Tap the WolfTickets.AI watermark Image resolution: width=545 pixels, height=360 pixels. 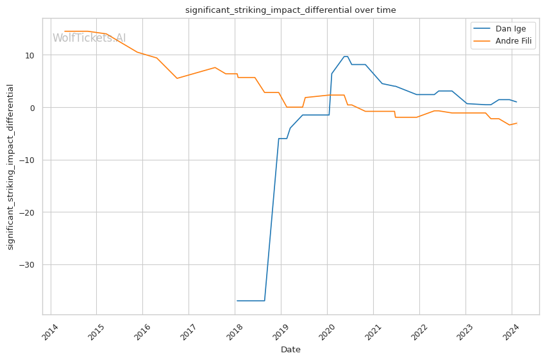pos(89,38)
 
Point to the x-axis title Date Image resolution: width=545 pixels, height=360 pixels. pos(290,350)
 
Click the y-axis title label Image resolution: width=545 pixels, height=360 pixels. pos(10,167)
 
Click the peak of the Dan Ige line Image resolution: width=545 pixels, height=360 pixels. pos(346,56)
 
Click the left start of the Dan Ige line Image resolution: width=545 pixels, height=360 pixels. pos(237,300)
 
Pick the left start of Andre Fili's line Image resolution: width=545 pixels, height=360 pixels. pos(64,31)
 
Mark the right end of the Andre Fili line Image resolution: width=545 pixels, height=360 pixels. pos(517,123)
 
